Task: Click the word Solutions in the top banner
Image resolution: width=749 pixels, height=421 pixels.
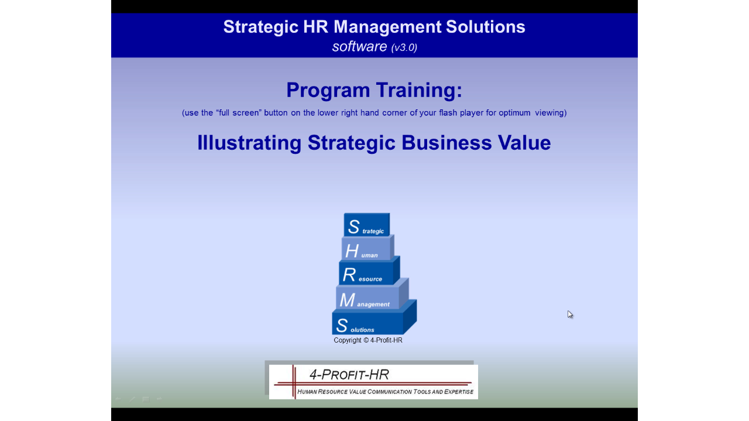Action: click(485, 27)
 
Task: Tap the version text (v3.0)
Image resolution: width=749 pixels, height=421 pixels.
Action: click(404, 47)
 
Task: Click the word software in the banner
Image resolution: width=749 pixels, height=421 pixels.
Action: click(359, 46)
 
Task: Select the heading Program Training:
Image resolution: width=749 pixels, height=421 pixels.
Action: click(374, 90)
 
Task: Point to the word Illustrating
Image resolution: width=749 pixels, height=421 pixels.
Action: click(249, 143)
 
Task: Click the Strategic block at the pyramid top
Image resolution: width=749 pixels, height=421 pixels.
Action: click(366, 225)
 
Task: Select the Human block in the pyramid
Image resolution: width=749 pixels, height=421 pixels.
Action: click(366, 249)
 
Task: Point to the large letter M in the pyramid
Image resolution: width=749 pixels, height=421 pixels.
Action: click(347, 300)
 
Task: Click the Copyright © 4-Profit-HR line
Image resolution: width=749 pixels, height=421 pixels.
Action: click(368, 340)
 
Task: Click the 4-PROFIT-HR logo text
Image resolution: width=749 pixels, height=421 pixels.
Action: click(349, 375)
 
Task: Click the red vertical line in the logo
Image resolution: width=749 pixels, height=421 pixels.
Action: click(294, 382)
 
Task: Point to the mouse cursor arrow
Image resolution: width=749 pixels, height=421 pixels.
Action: click(570, 315)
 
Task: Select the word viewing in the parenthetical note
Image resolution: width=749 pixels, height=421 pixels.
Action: click(551, 113)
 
